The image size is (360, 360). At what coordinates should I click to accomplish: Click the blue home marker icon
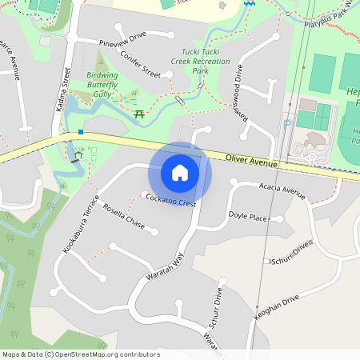[180, 172]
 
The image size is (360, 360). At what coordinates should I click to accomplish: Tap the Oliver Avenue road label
[251, 161]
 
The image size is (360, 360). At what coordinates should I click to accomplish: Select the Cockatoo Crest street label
[169, 200]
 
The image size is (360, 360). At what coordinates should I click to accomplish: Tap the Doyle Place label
[248, 217]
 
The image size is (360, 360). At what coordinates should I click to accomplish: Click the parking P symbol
[288, 124]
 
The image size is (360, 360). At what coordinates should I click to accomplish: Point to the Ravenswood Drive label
[238, 93]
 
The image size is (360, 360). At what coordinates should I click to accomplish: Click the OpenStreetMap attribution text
[80, 354]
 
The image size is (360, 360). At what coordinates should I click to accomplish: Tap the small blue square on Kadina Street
[81, 131]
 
